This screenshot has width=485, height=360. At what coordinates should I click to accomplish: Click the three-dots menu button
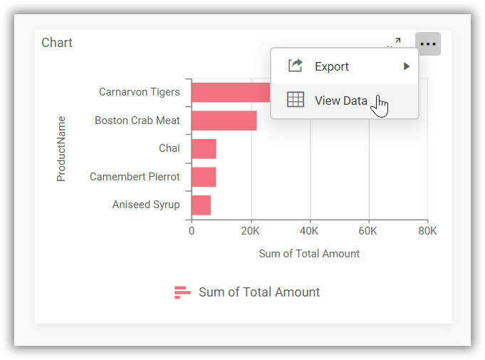tap(427, 44)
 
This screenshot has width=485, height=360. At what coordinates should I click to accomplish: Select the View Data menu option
tap(340, 101)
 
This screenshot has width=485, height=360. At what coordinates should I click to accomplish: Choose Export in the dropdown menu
tap(332, 66)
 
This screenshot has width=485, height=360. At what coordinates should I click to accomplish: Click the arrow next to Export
tap(406, 66)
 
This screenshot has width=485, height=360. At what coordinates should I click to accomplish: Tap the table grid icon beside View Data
tap(296, 101)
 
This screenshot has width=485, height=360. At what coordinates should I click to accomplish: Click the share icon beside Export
tap(296, 66)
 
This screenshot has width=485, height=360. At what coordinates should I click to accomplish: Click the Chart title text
tap(57, 43)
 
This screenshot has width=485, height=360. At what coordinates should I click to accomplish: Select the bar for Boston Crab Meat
tap(224, 120)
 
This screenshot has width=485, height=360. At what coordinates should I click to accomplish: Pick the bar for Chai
tap(204, 148)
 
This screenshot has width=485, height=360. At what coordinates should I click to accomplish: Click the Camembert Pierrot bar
tap(204, 176)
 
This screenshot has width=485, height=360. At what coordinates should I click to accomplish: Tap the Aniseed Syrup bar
tap(201, 205)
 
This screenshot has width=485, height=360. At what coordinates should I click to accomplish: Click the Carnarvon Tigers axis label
tap(139, 92)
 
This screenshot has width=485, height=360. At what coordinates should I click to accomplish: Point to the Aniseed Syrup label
tap(146, 205)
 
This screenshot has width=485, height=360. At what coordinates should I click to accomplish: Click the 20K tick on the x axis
tap(250, 231)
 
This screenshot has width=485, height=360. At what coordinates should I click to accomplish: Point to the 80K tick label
tap(427, 231)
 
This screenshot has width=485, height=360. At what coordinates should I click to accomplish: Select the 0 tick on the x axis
tap(192, 231)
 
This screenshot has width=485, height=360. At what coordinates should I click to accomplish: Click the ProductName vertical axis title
tap(61, 148)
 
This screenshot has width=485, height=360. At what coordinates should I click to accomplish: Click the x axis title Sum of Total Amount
tap(309, 254)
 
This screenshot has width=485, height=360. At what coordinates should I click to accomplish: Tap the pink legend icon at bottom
tap(182, 292)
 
